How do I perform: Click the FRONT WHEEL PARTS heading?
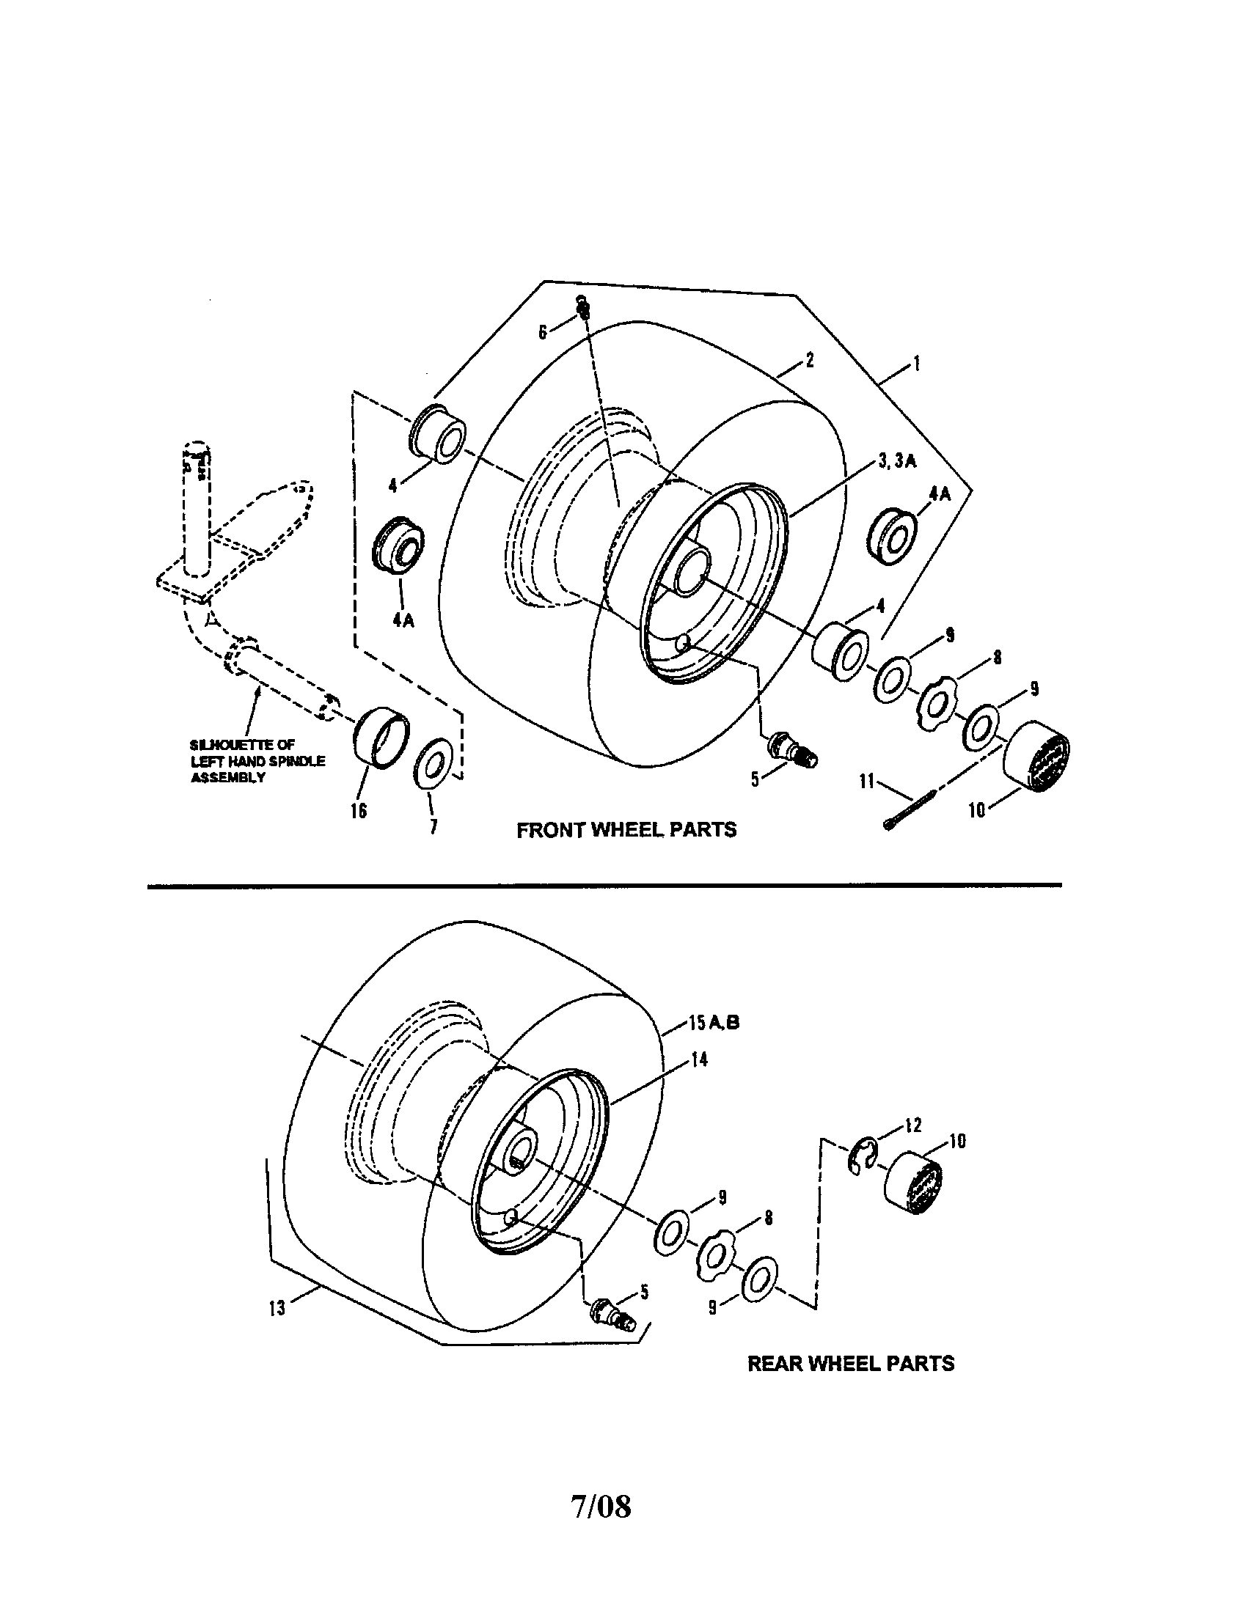pos(626,830)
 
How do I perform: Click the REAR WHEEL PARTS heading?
pos(851,1364)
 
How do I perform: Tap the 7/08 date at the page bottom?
pos(601,1507)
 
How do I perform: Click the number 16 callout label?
pos(358,812)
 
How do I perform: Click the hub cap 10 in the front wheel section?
pos(1038,759)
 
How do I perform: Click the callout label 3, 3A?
pos(898,461)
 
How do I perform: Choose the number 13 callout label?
pos(277,1309)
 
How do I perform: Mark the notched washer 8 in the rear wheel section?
pos(714,1255)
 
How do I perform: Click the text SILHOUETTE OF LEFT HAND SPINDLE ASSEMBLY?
pos(257,762)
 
